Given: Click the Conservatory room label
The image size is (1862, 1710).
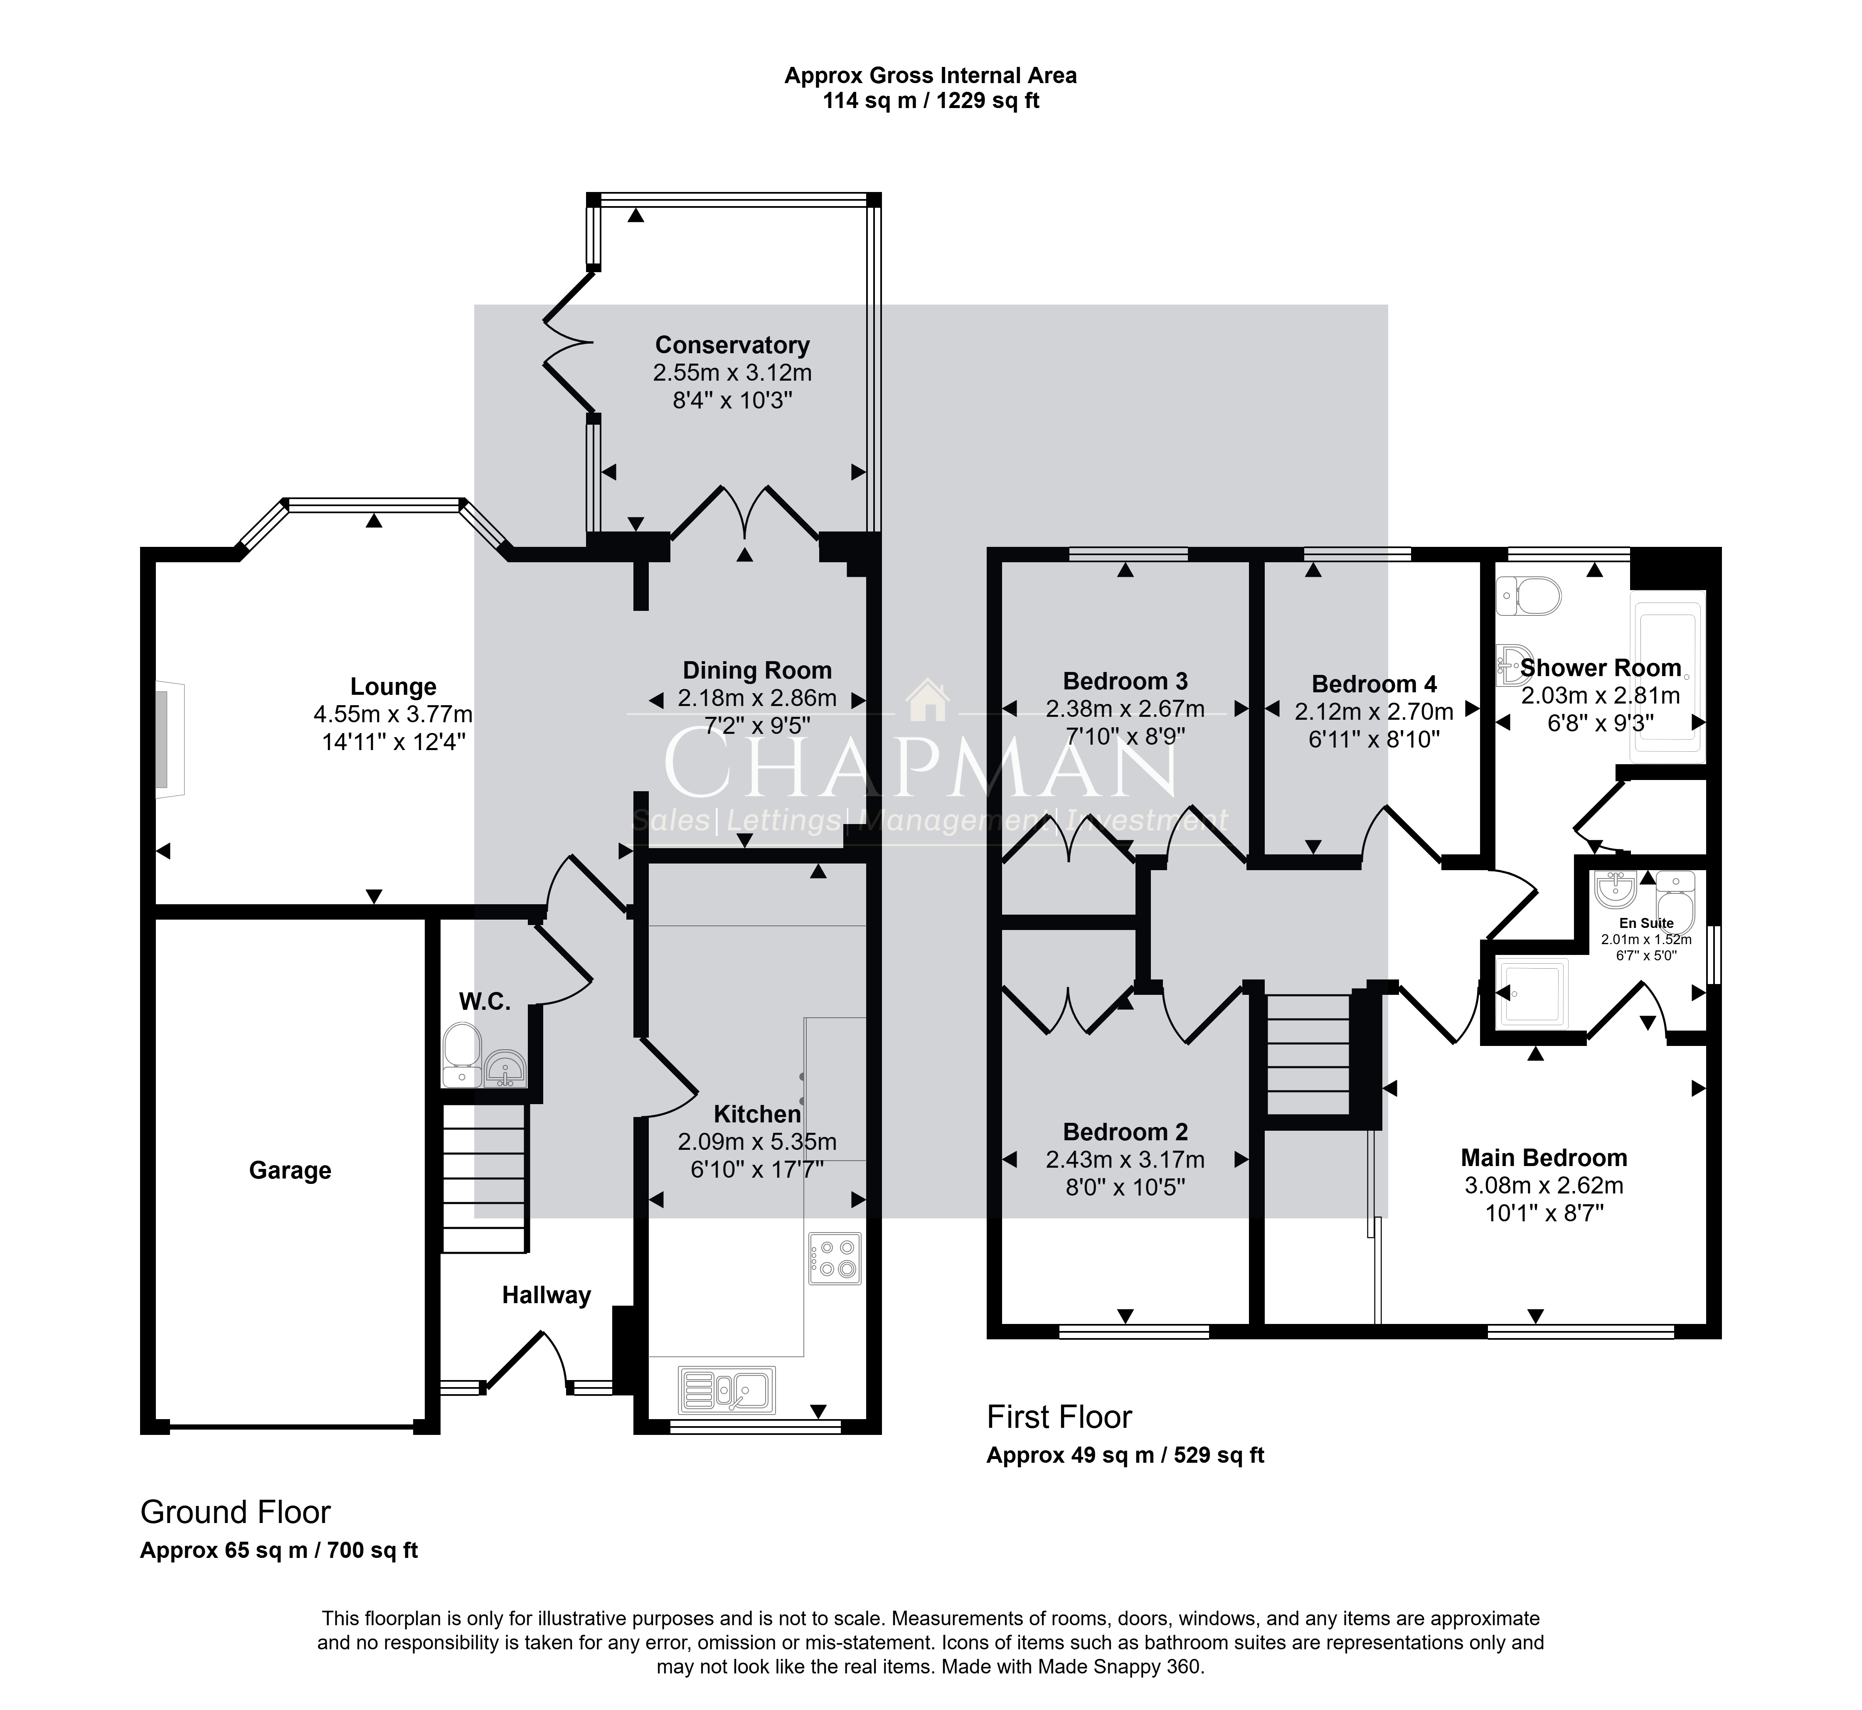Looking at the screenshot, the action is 732,345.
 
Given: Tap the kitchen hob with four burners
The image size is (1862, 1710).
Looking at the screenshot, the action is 835,1258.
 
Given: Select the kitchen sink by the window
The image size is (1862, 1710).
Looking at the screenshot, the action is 727,1390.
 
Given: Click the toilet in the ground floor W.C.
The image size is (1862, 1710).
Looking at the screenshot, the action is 462,1055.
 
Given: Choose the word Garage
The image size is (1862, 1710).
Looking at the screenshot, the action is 290,1171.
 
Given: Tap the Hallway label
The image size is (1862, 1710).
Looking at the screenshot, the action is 546,1295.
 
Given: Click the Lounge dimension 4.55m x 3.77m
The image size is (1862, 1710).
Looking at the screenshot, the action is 393,714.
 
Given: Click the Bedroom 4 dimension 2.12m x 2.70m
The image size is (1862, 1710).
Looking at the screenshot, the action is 1374,711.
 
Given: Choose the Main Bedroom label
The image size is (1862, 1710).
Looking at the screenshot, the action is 1544,1158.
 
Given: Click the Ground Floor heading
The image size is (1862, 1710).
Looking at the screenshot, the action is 235,1512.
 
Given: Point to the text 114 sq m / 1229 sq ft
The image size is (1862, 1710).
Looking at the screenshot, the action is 931,101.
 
